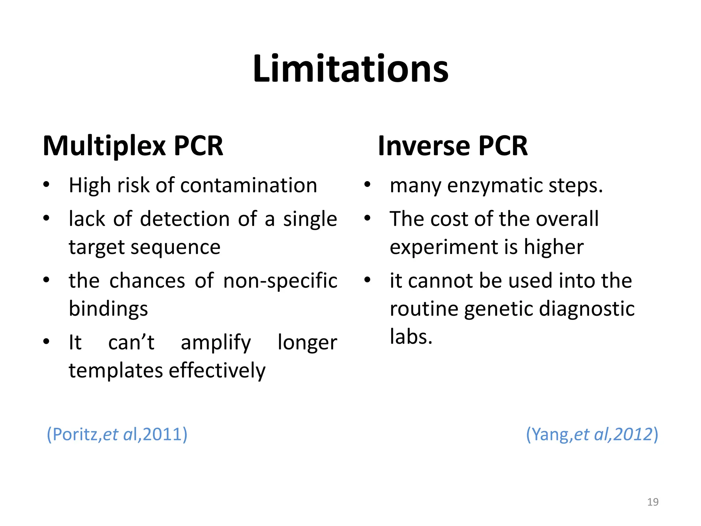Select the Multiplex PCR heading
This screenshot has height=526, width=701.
pyautogui.click(x=133, y=146)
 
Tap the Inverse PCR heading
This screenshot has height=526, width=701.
pyautogui.click(x=453, y=146)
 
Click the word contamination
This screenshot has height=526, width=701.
pyautogui.click(x=248, y=186)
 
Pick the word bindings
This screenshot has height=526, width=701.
pyautogui.click(x=108, y=309)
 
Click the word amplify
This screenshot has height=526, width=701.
pyautogui.click(x=216, y=342)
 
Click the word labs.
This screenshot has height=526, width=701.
pyautogui.click(x=411, y=337)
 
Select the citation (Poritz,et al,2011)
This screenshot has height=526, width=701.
pyautogui.click(x=117, y=435)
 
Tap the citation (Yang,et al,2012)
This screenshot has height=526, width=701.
pyautogui.click(x=592, y=435)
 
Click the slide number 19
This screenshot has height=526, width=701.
pyautogui.click(x=653, y=502)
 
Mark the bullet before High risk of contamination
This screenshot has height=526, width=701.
pyautogui.click(x=47, y=185)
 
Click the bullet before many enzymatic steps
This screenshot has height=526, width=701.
pyautogui.click(x=367, y=185)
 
